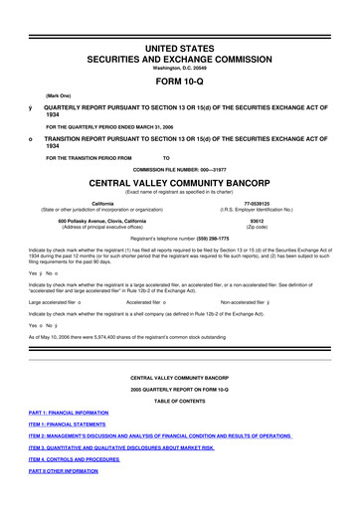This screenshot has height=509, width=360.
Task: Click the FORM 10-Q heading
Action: click(x=179, y=83)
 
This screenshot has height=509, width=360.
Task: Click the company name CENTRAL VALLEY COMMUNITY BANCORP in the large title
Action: click(x=179, y=184)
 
